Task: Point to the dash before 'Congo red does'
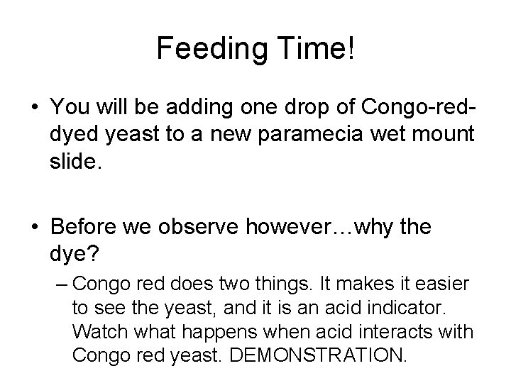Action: (x=62, y=284)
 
